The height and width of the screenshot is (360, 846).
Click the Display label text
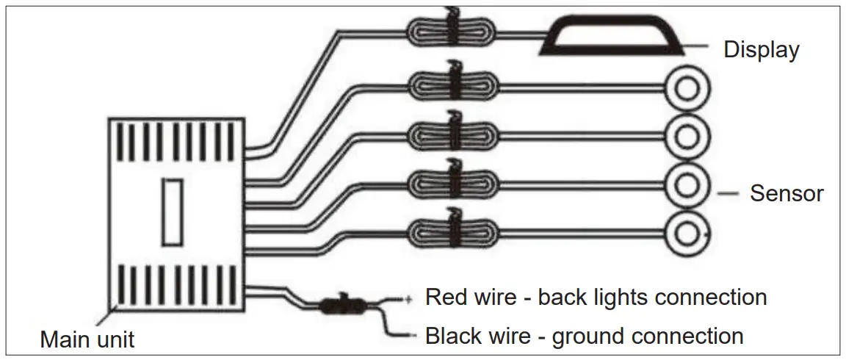(x=761, y=50)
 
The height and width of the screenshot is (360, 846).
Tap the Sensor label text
(x=786, y=194)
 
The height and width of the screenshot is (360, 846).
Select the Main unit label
(x=87, y=340)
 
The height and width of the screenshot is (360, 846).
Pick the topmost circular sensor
(x=687, y=88)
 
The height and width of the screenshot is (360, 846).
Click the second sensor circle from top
(x=687, y=136)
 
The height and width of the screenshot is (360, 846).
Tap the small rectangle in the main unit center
(x=173, y=213)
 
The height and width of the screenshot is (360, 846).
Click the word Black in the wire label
(x=451, y=336)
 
